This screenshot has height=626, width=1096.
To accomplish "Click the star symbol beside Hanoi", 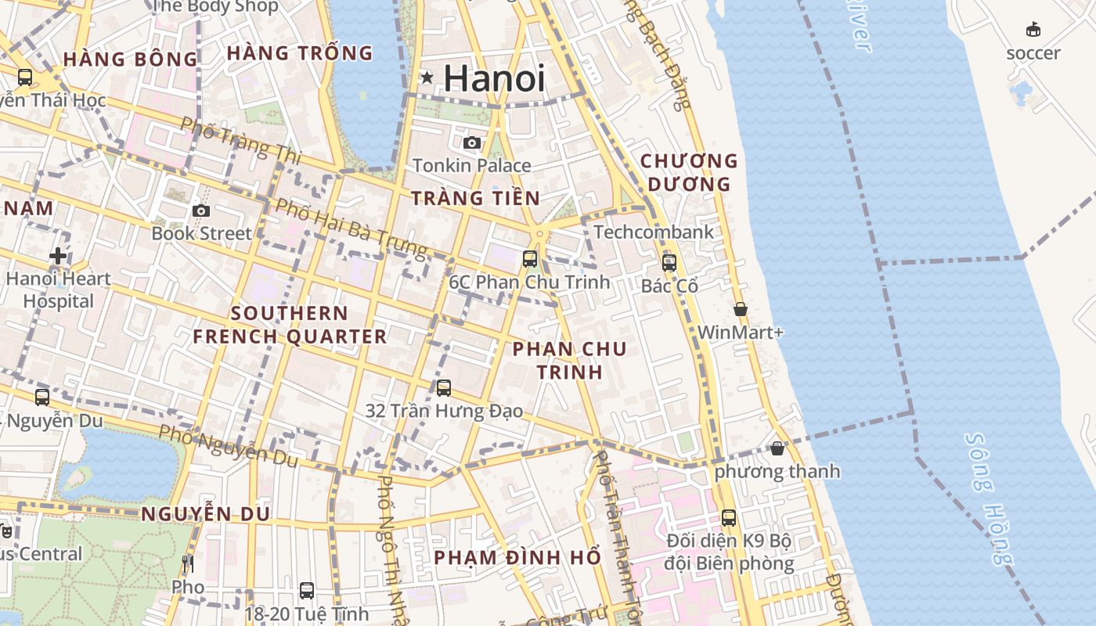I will click(x=427, y=77).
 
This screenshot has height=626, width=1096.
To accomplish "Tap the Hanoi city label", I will click(x=494, y=78).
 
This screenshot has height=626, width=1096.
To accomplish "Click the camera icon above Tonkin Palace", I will click(x=471, y=142).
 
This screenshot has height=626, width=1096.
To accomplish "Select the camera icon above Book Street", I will click(x=201, y=210).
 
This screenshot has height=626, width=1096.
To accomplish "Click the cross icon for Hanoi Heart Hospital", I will click(x=57, y=256).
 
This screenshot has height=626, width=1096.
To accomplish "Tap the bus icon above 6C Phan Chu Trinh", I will click(x=530, y=259).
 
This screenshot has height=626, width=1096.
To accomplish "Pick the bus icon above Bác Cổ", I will click(x=669, y=263).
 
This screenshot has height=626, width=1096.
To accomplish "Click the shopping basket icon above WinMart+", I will click(x=740, y=309).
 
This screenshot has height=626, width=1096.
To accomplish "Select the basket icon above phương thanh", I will click(x=777, y=448).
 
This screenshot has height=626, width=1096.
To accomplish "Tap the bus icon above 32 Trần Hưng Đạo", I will click(x=444, y=387).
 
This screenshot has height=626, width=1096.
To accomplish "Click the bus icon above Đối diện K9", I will click(x=729, y=517).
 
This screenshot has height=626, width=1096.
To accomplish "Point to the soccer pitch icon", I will click(x=1033, y=30).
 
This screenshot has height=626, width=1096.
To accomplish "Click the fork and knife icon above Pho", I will click(x=187, y=564).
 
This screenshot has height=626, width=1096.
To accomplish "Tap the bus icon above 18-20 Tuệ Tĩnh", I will click(x=307, y=591).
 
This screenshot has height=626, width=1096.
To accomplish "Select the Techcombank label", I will click(x=654, y=232).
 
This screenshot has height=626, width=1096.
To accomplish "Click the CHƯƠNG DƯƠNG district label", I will click(x=689, y=172).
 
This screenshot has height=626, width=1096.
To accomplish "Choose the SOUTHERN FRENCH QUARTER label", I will click(x=290, y=325).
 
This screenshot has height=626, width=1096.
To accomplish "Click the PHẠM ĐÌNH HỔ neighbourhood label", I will click(x=517, y=557).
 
